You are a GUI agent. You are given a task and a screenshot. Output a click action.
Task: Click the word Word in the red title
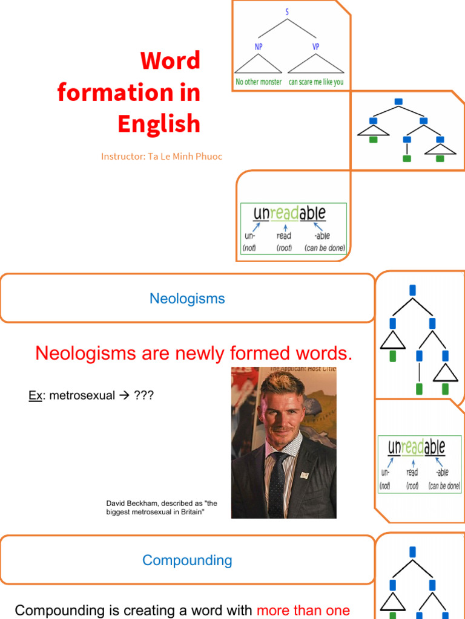(170, 60)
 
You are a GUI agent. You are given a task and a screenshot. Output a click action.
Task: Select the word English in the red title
(159, 124)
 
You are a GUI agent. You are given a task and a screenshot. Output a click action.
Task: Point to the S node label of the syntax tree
(287, 11)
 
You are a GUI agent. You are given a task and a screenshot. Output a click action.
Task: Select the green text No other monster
(259, 82)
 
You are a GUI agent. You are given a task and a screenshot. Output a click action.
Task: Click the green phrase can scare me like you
(316, 82)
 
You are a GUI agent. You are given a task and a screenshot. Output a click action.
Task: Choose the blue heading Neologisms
(187, 299)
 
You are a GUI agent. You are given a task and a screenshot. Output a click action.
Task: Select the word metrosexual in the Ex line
(82, 395)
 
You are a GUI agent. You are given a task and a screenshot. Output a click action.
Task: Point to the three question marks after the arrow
(144, 395)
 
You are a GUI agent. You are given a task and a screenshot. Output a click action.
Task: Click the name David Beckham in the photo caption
(131, 503)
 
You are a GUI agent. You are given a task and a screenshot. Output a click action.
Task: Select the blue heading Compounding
(187, 560)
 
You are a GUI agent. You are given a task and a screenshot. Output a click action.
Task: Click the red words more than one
(303, 610)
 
